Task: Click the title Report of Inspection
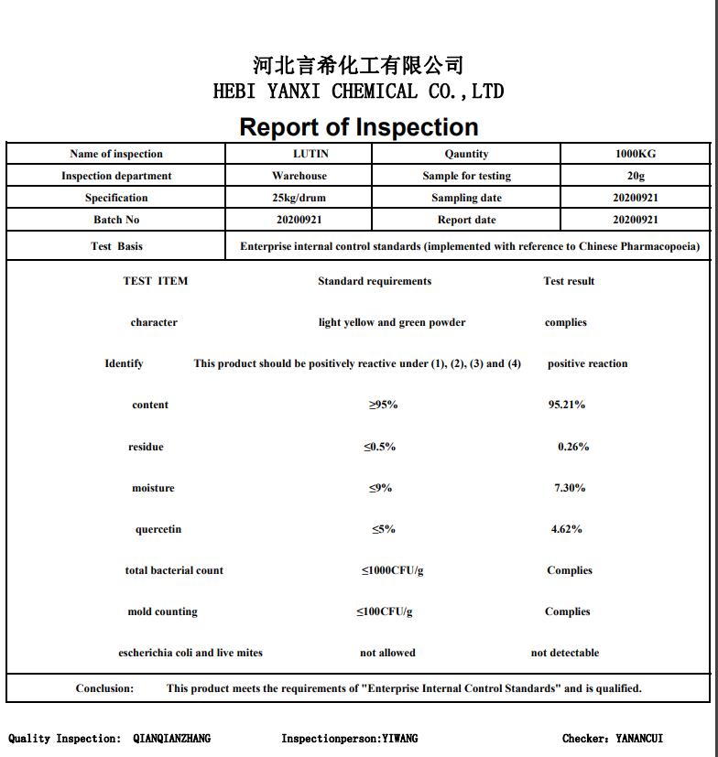[359, 127]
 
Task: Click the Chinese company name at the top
[358, 65]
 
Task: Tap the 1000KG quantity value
[636, 154]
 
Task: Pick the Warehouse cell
[299, 176]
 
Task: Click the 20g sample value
[636, 176]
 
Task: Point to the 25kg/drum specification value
[299, 198]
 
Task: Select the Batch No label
[116, 220]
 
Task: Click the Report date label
[466, 220]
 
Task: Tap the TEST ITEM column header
[156, 281]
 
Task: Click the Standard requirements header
[375, 281]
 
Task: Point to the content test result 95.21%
[567, 405]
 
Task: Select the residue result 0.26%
[573, 447]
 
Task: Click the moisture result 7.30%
[570, 488]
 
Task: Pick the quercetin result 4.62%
[567, 529]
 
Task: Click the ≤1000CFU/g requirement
[392, 570]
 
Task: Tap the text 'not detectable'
[565, 653]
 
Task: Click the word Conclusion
[104, 688]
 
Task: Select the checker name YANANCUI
[639, 738]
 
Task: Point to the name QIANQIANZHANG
[171, 738]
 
